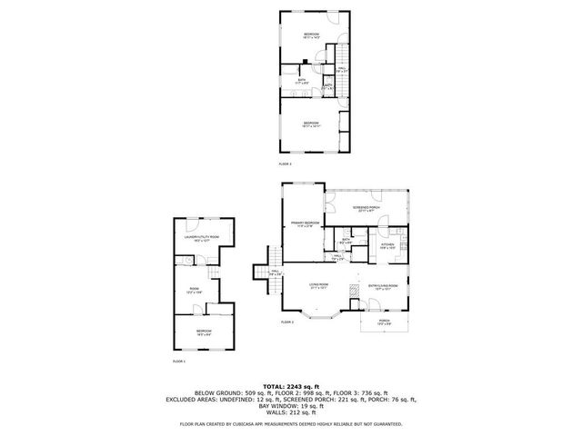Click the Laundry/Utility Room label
(x=202, y=239)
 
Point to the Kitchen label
(x=387, y=244)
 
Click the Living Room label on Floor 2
(x=318, y=286)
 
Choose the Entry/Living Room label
(x=383, y=286)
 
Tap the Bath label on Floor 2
(x=346, y=242)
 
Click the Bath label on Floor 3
(x=302, y=81)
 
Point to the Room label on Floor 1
(x=194, y=291)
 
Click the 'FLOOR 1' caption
(x=178, y=362)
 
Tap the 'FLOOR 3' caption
(x=286, y=164)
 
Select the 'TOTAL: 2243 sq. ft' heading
(x=290, y=385)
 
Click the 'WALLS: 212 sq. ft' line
(x=290, y=411)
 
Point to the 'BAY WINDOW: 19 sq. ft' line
(x=290, y=404)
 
